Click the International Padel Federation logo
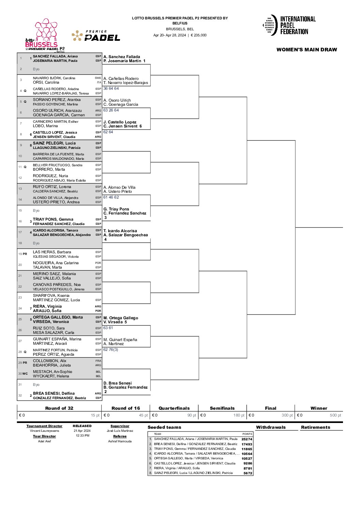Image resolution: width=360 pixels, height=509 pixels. click(x=289, y=25)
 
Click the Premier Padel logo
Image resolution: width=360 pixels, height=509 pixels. click(x=96, y=36)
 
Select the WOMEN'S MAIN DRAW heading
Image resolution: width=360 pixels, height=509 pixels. click(x=307, y=50)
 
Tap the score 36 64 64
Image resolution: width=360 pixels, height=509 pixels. click(x=111, y=88)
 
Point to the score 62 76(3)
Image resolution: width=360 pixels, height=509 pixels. click(x=111, y=350)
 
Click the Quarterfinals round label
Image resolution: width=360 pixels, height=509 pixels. click(x=174, y=408)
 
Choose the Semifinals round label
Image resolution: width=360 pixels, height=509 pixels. click(x=222, y=408)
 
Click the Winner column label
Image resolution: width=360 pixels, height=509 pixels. click(x=318, y=408)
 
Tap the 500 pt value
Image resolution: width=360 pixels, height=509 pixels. click(x=335, y=415)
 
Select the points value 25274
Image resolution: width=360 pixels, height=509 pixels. click(x=247, y=439)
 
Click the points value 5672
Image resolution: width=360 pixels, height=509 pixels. click(x=248, y=473)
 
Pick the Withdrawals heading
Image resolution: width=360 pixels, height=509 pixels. click(x=271, y=427)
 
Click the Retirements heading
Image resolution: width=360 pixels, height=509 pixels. click(x=315, y=427)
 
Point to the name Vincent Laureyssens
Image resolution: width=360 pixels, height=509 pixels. click(x=44, y=431)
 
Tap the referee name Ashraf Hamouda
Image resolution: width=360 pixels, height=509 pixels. click(x=120, y=441)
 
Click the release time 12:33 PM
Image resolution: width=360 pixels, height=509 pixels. click(x=82, y=436)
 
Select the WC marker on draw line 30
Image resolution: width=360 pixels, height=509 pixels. click(x=25, y=374)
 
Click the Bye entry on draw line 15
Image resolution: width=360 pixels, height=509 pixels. click(x=36, y=210)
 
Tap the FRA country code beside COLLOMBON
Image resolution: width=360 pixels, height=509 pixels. click(x=98, y=361)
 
